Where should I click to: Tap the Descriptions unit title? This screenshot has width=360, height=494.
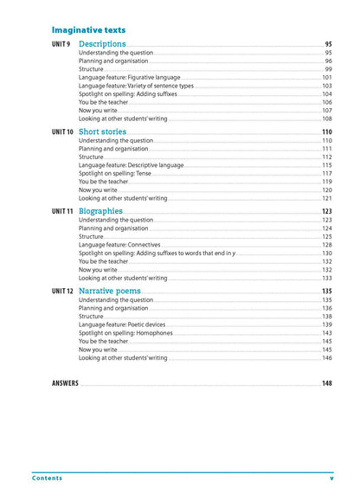point(102,44)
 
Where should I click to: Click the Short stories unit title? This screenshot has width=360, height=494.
point(106,132)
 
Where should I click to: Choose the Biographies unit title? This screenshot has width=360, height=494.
point(100,211)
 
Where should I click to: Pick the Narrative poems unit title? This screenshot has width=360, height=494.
point(110,292)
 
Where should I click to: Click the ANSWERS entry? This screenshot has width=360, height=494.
point(65,383)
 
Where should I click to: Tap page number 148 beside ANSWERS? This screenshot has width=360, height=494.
point(326,383)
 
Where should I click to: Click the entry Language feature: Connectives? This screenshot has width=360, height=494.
point(115,245)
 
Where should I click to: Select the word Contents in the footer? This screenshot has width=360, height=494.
point(47,478)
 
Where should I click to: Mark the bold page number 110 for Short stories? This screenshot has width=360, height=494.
point(326,132)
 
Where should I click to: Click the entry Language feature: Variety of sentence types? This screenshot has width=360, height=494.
point(136,86)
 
